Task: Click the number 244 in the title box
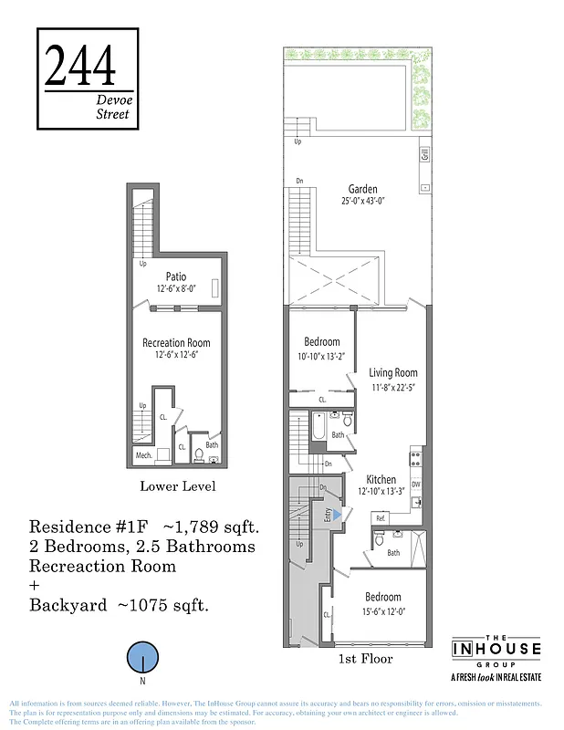[x=79, y=66]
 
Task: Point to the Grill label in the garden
[x=425, y=155]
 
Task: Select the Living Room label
[x=392, y=372]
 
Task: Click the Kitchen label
[x=381, y=479]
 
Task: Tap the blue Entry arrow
[x=336, y=515]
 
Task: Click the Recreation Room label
[x=177, y=343]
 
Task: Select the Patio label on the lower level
[x=177, y=276]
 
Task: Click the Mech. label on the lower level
[x=143, y=455]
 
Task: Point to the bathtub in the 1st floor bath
[x=321, y=425]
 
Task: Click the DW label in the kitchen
[x=415, y=485]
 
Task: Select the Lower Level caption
[x=177, y=486]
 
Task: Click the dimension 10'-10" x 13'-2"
[x=321, y=357]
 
